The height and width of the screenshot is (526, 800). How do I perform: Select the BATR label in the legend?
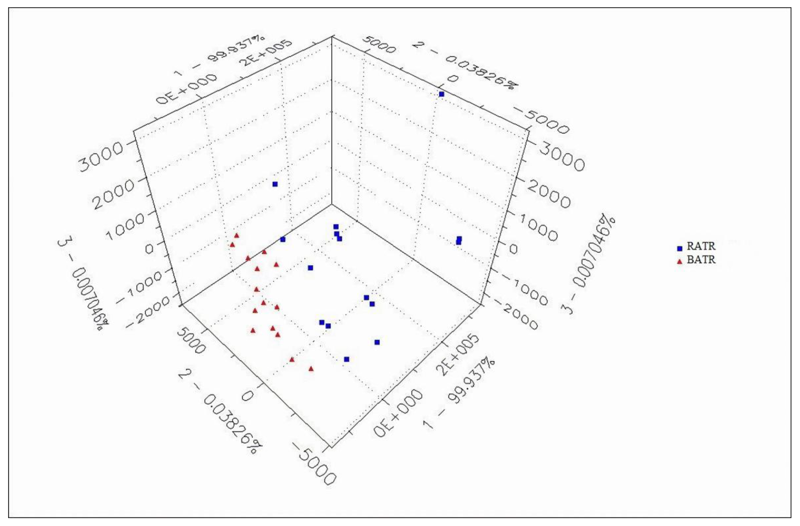tap(701, 260)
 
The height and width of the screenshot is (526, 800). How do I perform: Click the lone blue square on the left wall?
tap(275, 184)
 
